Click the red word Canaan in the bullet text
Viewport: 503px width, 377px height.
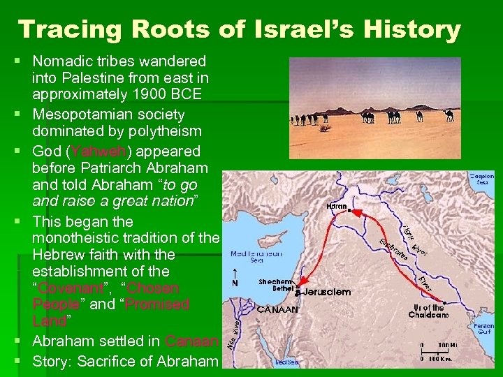[192, 341]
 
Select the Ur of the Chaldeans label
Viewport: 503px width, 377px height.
[428, 311]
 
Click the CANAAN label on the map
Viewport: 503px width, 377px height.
[277, 309]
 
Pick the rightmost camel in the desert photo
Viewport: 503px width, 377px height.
[449, 114]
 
